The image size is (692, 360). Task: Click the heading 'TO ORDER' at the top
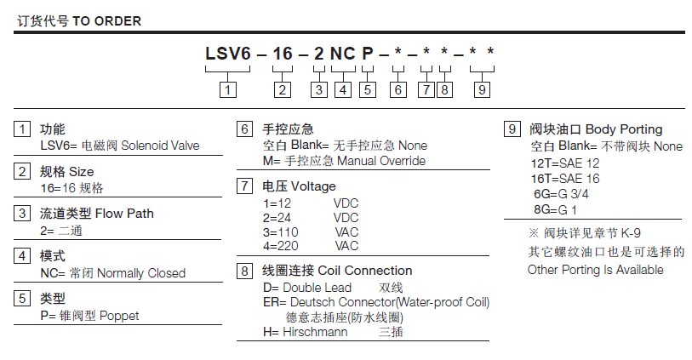click(x=107, y=20)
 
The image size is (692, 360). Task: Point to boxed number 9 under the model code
click(x=482, y=88)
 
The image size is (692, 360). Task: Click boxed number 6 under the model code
click(x=397, y=88)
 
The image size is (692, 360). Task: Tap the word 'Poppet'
click(x=119, y=316)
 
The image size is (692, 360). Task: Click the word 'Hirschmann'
click(x=316, y=332)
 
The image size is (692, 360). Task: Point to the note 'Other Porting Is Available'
click(x=595, y=270)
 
